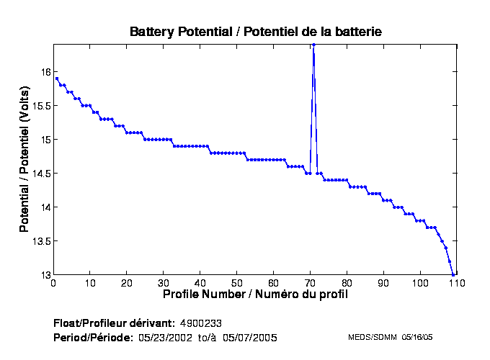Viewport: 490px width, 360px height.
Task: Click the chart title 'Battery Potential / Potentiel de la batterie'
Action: (255, 32)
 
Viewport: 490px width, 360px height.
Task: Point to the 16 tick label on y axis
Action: (45, 72)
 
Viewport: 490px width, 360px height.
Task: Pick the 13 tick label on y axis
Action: (45, 275)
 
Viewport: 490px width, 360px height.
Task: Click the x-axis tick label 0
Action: (53, 284)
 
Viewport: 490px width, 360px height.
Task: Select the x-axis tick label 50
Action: (237, 284)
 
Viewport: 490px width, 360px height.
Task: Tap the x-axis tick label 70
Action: (311, 284)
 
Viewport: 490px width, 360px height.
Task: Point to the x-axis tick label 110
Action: (456, 284)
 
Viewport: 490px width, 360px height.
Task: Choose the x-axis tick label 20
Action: (127, 284)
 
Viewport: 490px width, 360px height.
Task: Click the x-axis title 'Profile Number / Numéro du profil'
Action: (254, 294)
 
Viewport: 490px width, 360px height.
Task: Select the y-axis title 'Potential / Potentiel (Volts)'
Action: (24, 160)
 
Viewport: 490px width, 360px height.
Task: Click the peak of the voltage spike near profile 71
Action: (313, 45)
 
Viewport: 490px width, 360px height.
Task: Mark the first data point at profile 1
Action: (57, 78)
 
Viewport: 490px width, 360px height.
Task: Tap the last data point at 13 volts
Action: (453, 274)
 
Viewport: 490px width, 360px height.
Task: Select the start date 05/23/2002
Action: (165, 337)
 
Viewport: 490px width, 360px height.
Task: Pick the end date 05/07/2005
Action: (249, 337)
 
